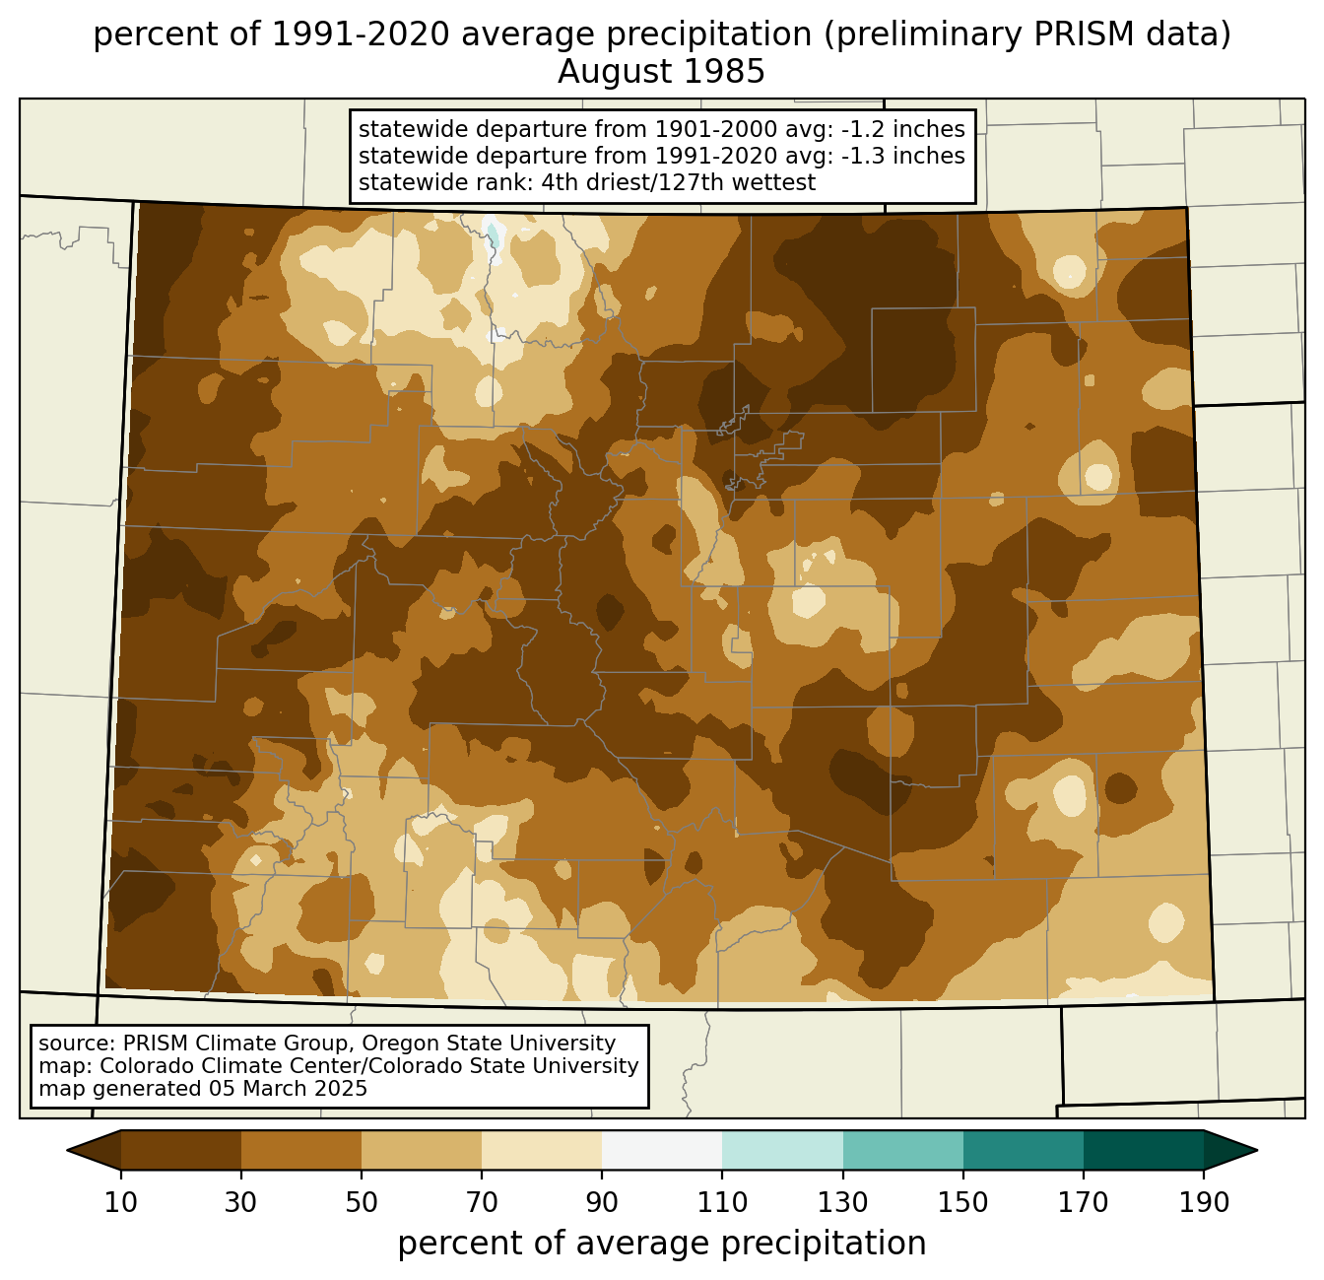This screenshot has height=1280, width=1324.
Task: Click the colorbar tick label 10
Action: (x=120, y=1202)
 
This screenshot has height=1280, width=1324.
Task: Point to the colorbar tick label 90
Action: (x=602, y=1202)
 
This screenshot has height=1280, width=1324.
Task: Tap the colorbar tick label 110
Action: (x=722, y=1202)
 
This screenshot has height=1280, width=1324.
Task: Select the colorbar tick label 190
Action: (x=1204, y=1202)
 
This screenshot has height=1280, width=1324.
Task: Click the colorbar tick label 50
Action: (x=362, y=1202)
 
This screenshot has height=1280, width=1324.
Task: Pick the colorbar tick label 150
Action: (x=962, y=1202)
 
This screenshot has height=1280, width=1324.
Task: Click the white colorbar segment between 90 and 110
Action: (x=662, y=1150)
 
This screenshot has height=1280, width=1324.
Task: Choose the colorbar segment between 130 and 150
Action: (x=902, y=1150)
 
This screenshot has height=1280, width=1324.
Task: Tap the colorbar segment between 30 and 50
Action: (x=300, y=1150)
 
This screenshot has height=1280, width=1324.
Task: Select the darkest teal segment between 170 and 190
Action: (x=1143, y=1150)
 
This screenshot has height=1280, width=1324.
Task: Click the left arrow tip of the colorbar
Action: (x=67, y=1150)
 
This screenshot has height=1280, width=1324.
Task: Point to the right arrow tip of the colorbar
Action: (x=1257, y=1150)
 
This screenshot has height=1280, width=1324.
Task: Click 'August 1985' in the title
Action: (x=661, y=72)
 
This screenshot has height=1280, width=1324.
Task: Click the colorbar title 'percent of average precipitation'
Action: (x=661, y=1244)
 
